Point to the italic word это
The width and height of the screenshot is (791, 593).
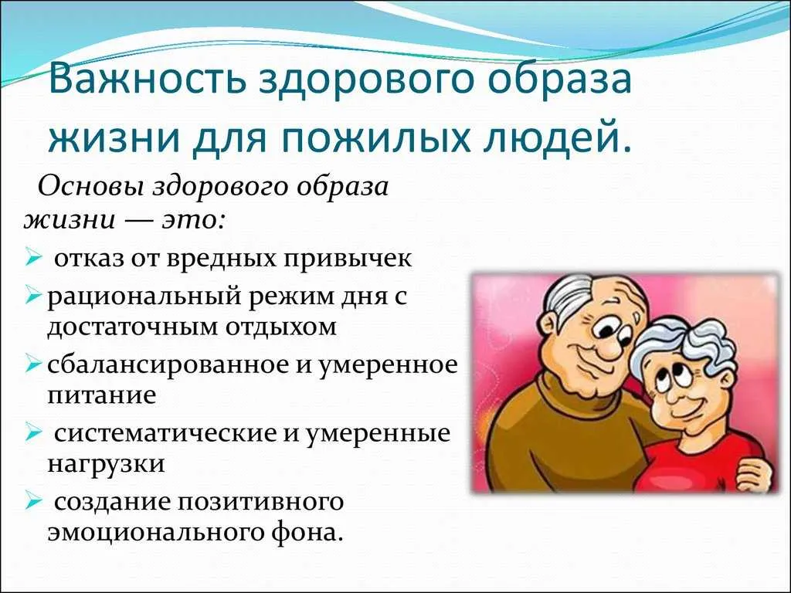(190, 222)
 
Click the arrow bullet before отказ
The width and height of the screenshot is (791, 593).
(32, 259)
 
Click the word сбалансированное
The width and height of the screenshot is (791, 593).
(170, 364)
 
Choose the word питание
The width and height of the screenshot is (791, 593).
(102, 395)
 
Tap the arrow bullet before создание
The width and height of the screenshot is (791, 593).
(32, 502)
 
